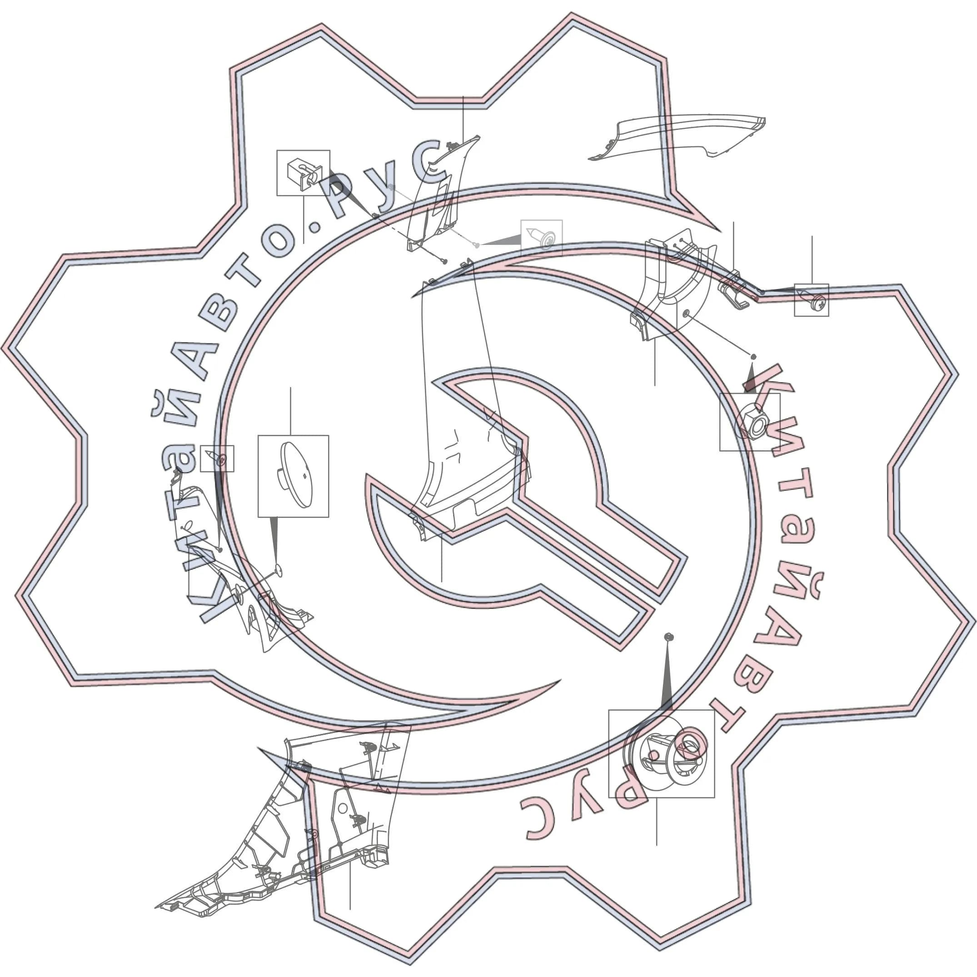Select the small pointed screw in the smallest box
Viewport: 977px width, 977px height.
coord(219,459)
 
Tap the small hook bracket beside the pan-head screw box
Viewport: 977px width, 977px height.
coord(733,291)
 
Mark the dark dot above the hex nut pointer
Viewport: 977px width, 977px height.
coord(753,357)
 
